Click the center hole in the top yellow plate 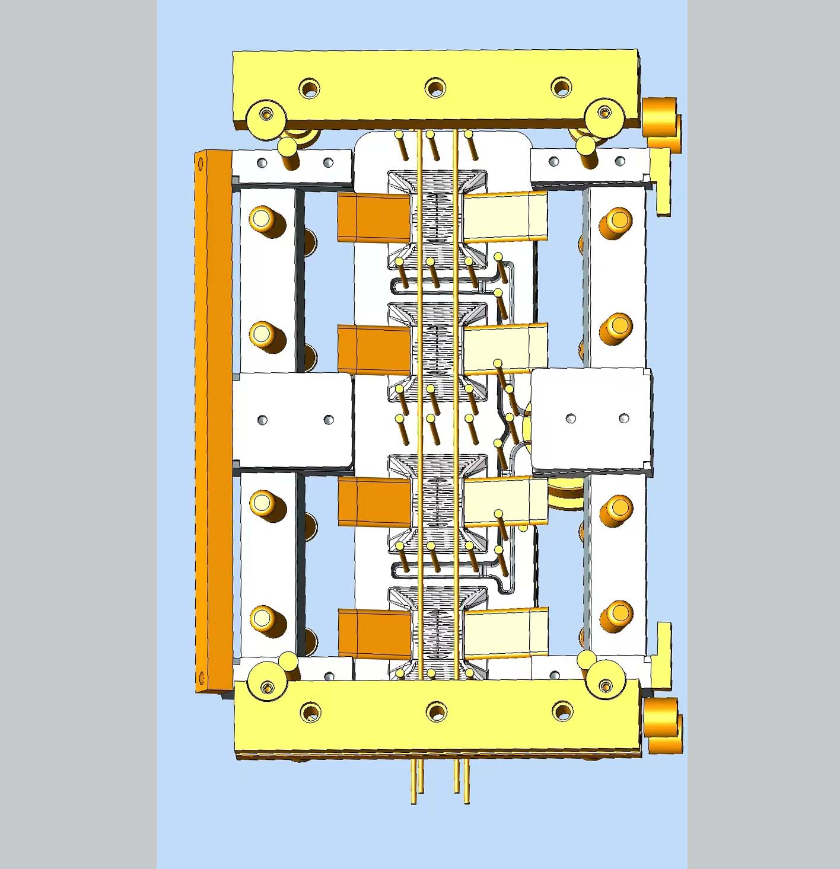(435, 88)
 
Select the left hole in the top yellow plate (308, 89)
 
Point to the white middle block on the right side (591, 418)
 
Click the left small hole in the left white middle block (262, 420)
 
